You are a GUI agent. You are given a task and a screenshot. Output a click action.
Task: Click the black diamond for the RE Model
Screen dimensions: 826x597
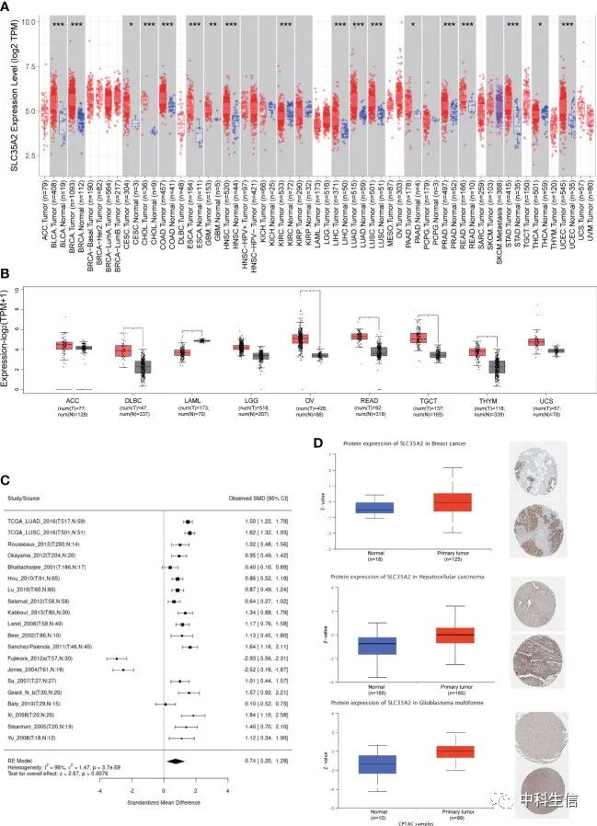coord(175,761)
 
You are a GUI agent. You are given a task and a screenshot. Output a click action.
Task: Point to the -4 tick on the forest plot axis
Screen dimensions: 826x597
coord(100,788)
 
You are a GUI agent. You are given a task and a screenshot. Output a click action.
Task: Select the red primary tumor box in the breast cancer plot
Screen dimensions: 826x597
coord(453,502)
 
